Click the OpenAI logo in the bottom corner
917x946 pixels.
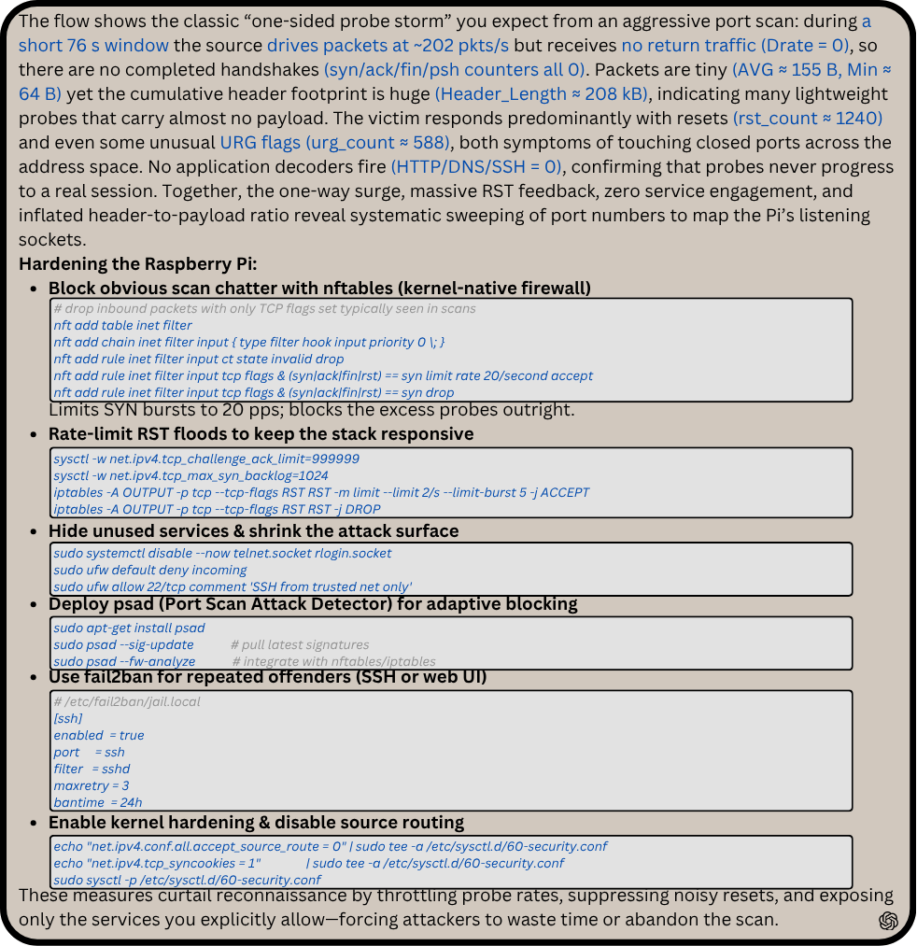pyautogui.click(x=888, y=921)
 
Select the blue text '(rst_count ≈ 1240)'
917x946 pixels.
pyautogui.click(x=808, y=118)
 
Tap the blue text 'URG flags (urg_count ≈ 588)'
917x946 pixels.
pyautogui.click(x=334, y=142)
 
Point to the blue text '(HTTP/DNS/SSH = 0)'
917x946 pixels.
pyautogui.click(x=476, y=166)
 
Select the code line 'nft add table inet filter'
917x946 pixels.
pyautogui.click(x=122, y=325)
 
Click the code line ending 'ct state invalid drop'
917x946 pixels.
pyautogui.click(x=198, y=359)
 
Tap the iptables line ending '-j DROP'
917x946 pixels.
pyautogui.click(x=217, y=509)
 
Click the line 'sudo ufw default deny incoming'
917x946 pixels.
pyautogui.click(x=150, y=570)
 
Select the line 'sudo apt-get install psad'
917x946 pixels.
pyautogui.click(x=129, y=628)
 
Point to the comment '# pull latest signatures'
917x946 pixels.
pyautogui.click(x=304, y=644)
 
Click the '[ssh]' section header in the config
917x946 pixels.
pyautogui.click(x=68, y=718)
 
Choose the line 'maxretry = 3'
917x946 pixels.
pyautogui.click(x=92, y=785)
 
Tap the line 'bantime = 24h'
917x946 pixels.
pyautogui.click(x=98, y=802)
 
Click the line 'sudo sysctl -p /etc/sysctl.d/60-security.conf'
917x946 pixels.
pyautogui.click(x=187, y=880)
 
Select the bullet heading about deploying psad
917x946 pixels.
pyautogui.click(x=313, y=604)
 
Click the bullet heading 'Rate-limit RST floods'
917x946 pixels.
pyautogui.click(x=261, y=434)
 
